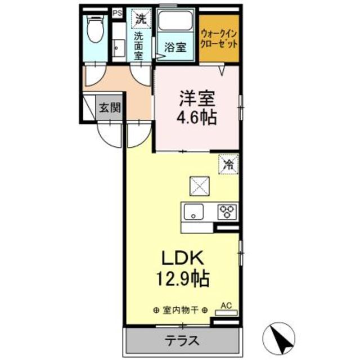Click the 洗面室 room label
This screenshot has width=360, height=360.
(138, 45)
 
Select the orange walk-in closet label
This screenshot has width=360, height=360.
(219, 38)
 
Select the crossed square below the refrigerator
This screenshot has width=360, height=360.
(199, 184)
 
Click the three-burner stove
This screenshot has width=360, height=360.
(228, 212)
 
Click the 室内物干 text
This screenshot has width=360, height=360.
(180, 309)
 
